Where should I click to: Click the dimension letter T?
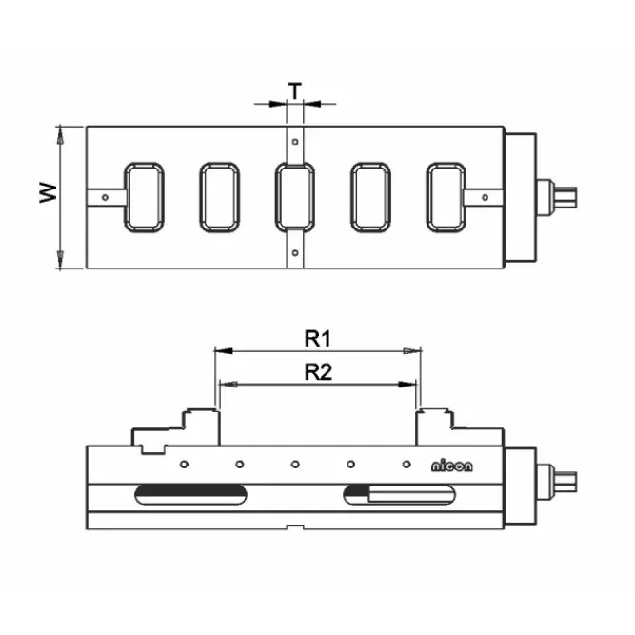click(x=296, y=89)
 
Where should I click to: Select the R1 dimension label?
click(x=316, y=337)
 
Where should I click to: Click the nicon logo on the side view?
click(x=457, y=466)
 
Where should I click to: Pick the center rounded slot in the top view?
click(x=294, y=197)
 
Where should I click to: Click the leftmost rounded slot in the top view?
click(x=144, y=197)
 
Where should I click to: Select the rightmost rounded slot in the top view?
click(x=446, y=197)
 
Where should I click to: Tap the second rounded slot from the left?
click(x=219, y=197)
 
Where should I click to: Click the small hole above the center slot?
click(x=295, y=142)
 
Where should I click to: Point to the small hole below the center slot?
click(x=295, y=253)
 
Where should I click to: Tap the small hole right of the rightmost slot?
click(x=486, y=198)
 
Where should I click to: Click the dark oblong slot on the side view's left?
click(x=190, y=493)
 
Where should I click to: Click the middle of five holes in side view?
click(x=295, y=465)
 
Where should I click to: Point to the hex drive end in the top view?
click(x=567, y=198)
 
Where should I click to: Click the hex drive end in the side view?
click(x=567, y=478)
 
